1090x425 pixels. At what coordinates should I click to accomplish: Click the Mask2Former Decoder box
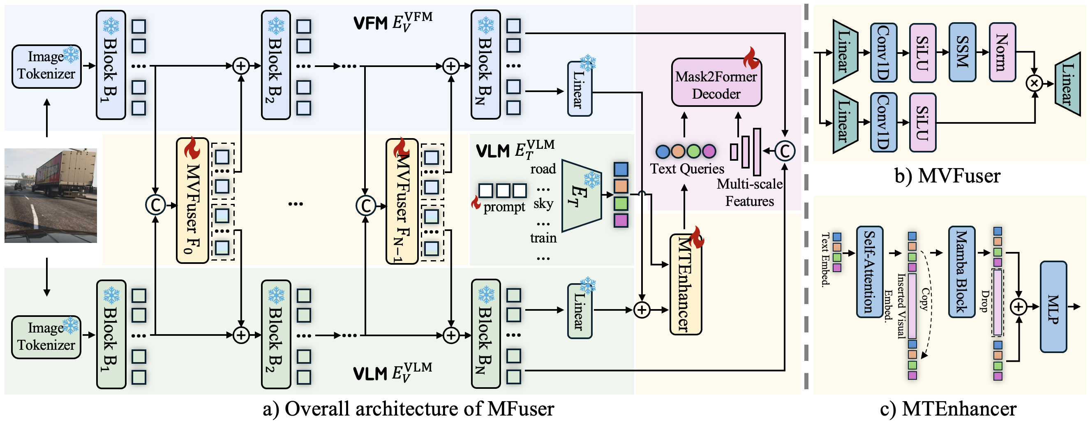coord(716,83)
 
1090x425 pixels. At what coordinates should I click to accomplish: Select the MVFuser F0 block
coord(192,201)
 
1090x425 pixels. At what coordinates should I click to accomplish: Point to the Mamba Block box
coord(961,272)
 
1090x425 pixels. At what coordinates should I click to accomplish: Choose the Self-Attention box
coord(870,272)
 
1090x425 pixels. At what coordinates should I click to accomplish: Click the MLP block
coord(1053,307)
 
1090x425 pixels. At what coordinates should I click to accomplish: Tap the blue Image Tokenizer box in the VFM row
coord(46,67)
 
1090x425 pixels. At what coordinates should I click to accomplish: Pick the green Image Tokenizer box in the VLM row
coord(46,337)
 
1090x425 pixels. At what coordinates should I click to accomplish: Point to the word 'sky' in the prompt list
coord(543,204)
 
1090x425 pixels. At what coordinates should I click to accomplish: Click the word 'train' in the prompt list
coord(543,238)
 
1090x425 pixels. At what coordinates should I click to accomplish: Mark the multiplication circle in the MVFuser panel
coord(1034,83)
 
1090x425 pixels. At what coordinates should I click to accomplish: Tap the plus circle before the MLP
coord(1019,307)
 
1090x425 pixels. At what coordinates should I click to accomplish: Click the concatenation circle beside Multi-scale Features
coord(785,151)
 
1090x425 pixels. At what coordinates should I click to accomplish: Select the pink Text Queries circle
coord(709,151)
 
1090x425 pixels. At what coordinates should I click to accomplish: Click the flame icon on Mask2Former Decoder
coord(751,58)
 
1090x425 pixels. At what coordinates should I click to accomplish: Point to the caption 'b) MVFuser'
coord(947,176)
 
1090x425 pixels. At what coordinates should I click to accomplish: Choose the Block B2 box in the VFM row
coord(276,65)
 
